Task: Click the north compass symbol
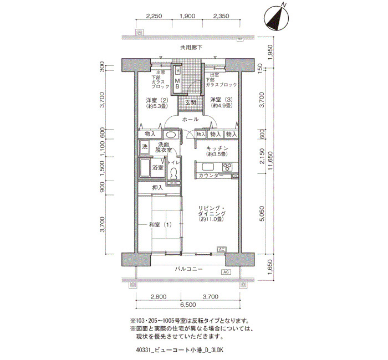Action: coord(277,18)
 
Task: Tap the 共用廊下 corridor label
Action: coord(191,47)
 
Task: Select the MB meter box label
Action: coord(177,83)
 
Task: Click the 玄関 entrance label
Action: coord(191,102)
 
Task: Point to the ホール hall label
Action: coord(190,120)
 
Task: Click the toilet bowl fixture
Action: coord(173,172)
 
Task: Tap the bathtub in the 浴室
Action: coord(144,167)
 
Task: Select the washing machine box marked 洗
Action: coord(145,147)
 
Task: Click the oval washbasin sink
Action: coord(171,135)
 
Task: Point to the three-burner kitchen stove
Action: coord(227,167)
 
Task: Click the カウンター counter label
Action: coord(211,176)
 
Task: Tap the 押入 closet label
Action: coord(157,188)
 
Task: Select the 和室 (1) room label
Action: coord(160,225)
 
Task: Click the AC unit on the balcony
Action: coord(226,272)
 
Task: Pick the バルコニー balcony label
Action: coord(189,269)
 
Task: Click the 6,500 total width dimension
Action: coord(188,305)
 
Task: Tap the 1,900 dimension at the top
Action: coord(187,16)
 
